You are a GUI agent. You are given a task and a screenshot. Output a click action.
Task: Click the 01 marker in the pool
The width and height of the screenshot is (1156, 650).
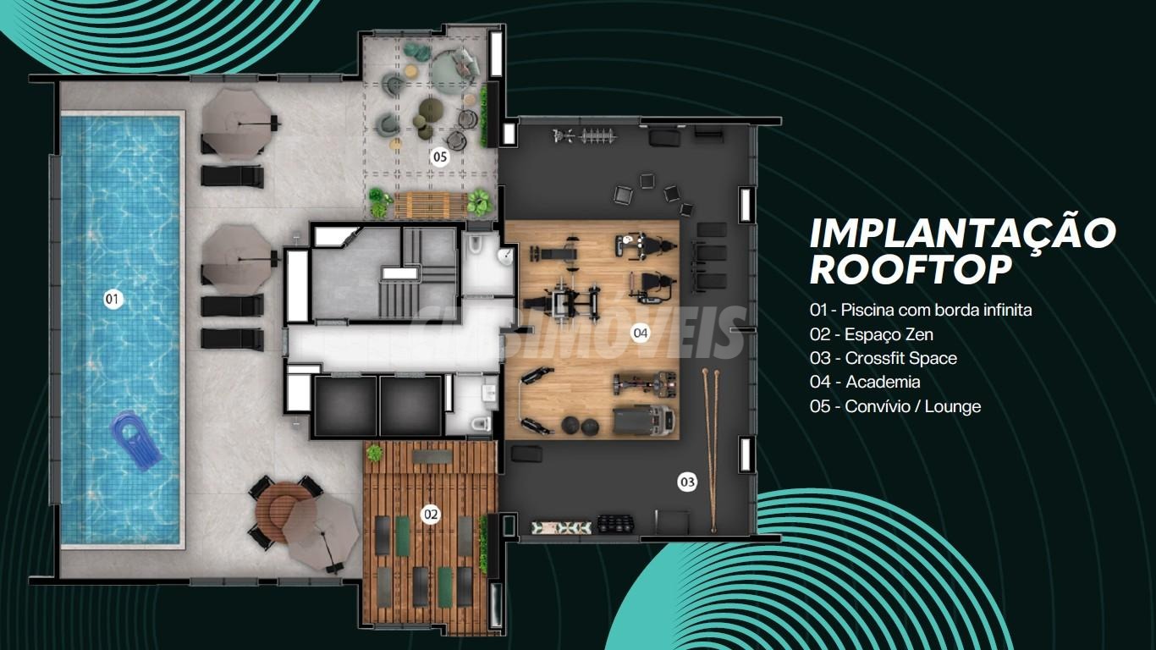coord(113,299)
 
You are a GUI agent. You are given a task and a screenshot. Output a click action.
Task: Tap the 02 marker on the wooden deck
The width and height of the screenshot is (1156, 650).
coord(431,515)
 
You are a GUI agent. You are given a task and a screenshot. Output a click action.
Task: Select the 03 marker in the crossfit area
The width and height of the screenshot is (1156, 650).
coord(687,482)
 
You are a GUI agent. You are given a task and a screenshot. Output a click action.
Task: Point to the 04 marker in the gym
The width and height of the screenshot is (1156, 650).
coord(640,333)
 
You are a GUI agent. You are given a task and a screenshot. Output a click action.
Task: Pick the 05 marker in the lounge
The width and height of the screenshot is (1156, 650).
coord(439,157)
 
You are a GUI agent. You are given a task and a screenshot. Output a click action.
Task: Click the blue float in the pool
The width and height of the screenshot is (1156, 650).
coord(136,440)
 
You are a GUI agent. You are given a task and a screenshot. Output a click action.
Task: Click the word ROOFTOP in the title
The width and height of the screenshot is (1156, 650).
coord(911,269)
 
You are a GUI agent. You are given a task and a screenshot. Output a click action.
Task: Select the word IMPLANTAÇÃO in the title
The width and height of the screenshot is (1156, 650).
coord(963,234)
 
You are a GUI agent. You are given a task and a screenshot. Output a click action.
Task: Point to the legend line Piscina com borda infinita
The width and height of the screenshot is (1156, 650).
coord(936,311)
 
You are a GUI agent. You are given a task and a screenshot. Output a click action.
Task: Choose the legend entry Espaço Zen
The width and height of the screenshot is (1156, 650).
coord(889,334)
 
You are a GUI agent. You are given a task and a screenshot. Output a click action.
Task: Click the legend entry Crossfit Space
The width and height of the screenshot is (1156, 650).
coord(900,358)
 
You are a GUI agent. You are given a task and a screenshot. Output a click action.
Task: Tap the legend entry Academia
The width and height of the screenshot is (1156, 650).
coord(883,382)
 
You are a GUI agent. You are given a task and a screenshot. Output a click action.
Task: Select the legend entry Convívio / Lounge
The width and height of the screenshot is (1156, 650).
coord(912,406)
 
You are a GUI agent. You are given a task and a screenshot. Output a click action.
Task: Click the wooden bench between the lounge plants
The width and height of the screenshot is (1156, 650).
coord(431,206)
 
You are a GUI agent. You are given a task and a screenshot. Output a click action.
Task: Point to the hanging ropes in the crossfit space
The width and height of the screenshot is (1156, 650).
coord(711,450)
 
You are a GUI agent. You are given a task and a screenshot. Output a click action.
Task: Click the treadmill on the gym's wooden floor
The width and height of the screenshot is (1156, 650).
coord(643,421)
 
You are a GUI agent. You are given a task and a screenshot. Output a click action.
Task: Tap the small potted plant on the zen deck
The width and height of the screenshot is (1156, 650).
coord(375,454)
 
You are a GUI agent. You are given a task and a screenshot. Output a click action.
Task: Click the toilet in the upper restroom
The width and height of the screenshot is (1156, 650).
coord(474,245)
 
